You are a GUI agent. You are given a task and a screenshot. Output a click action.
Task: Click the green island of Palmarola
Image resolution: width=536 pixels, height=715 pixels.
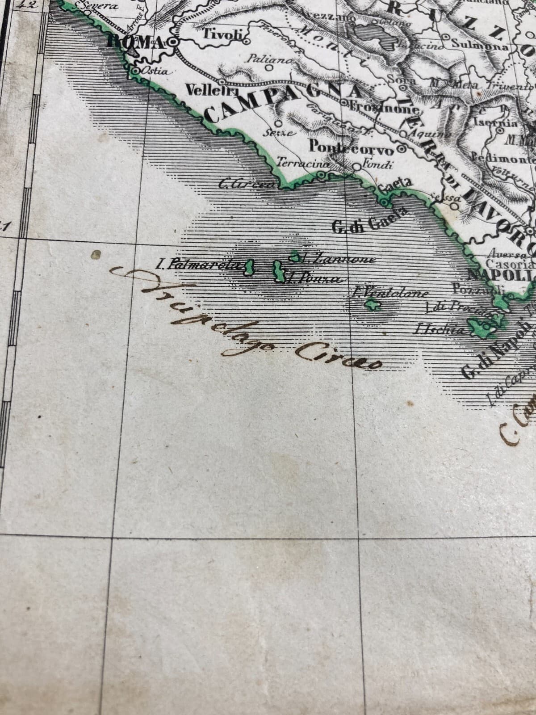coord(248,268)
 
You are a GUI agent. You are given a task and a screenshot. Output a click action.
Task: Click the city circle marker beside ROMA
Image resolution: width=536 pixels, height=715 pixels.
coord(173,42)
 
